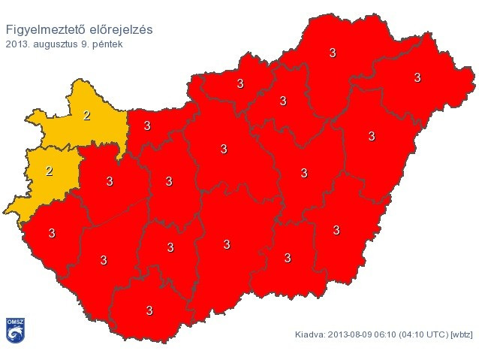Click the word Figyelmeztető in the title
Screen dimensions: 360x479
44,30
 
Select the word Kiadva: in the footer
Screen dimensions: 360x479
310,334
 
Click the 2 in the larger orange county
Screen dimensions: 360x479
87,116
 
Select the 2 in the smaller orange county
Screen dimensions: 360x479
50,171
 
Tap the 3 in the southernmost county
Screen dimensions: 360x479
149,310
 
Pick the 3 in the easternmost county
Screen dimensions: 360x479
417,77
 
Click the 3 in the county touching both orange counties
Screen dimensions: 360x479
110,181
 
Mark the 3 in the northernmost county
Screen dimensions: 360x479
333,53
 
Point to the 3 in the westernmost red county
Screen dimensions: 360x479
52,233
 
